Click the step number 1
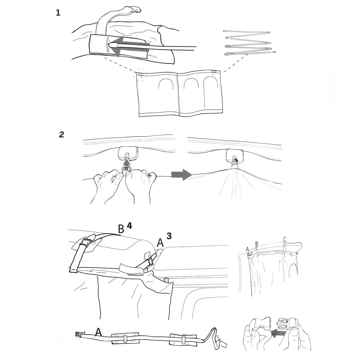click(x=58, y=13)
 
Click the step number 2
click(x=61, y=135)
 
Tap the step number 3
click(x=169, y=236)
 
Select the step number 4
click(x=129, y=226)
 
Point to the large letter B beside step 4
click(x=121, y=229)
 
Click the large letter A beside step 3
click(x=160, y=243)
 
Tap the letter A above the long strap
click(x=98, y=332)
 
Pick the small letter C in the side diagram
click(x=284, y=240)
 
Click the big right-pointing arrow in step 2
click(x=181, y=175)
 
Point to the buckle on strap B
click(x=86, y=243)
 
